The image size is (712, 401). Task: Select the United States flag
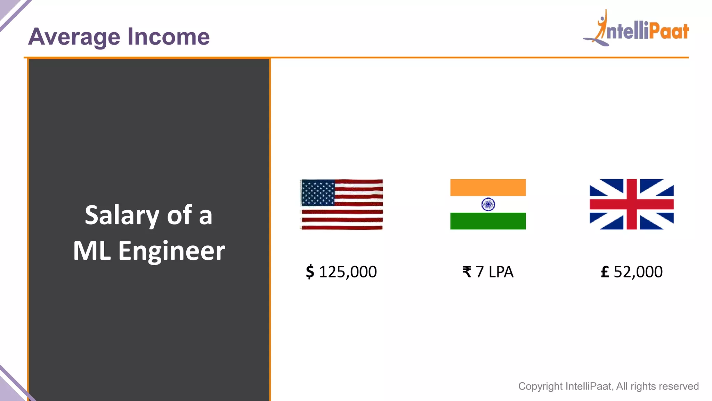pyautogui.click(x=342, y=204)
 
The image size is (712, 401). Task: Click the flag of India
pyautogui.click(x=488, y=204)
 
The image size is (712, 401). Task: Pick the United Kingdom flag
pyautogui.click(x=631, y=204)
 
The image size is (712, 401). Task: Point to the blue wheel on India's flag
pyautogui.click(x=488, y=204)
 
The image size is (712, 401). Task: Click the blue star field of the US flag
pyautogui.click(x=318, y=192)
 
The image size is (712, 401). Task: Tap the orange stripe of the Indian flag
pyautogui.click(x=488, y=188)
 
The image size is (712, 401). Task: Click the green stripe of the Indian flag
pyautogui.click(x=488, y=221)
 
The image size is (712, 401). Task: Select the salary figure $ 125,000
pyautogui.click(x=341, y=272)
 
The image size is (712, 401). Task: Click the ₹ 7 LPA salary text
pyautogui.click(x=488, y=272)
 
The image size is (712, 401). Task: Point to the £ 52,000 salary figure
pyautogui.click(x=631, y=272)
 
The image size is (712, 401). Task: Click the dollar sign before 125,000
pyautogui.click(x=310, y=272)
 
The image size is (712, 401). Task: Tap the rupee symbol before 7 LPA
pyautogui.click(x=467, y=272)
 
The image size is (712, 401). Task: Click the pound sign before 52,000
pyautogui.click(x=605, y=272)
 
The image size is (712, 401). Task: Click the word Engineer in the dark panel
pyautogui.click(x=172, y=251)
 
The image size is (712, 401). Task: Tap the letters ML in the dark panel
pyautogui.click(x=92, y=251)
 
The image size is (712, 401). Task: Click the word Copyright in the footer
pyautogui.click(x=540, y=386)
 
